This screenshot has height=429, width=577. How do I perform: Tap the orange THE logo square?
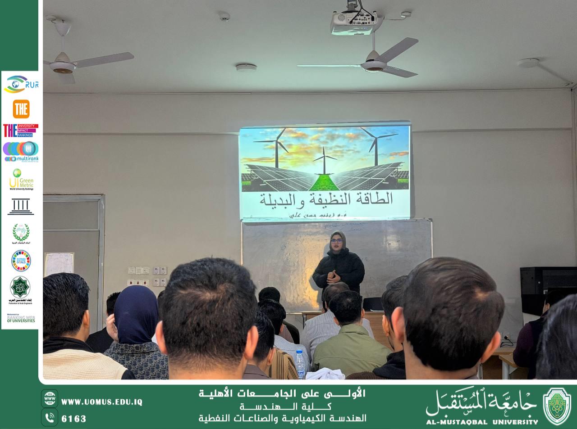coord(21,108)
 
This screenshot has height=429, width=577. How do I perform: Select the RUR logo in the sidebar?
coord(20,84)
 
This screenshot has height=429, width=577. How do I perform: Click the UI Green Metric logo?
coord(21,179)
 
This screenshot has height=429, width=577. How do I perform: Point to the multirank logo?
coord(21,151)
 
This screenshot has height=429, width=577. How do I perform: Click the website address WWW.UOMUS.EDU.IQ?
coord(102,402)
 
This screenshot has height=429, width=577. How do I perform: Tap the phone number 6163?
coord(73,419)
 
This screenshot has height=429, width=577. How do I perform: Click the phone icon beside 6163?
coord(49,418)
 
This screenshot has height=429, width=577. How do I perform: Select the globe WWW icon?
coord(49,398)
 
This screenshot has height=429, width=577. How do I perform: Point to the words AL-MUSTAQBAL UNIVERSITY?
coord(482,422)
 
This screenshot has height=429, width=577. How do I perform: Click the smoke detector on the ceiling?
coord(246,68)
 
